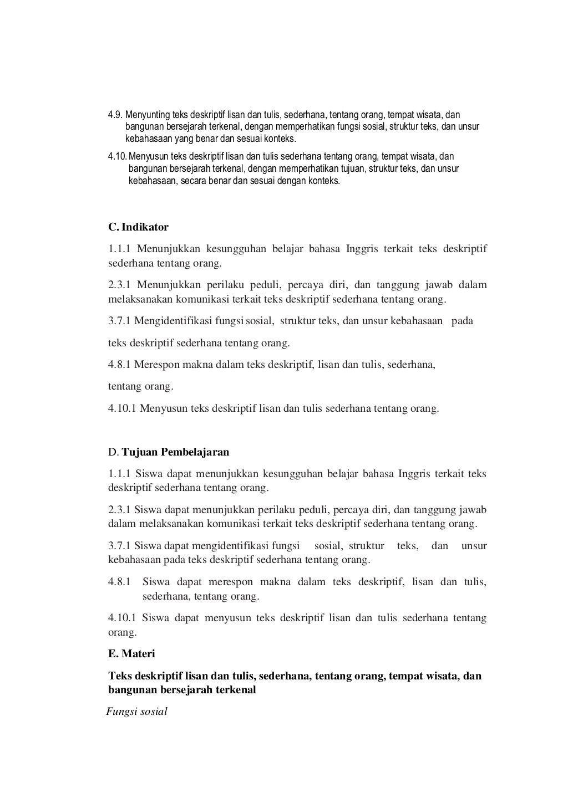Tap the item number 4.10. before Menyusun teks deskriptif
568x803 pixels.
[x=117, y=157]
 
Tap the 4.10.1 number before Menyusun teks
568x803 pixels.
[x=121, y=408]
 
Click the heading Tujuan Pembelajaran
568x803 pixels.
[x=175, y=452]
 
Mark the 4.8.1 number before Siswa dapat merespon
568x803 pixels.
[x=119, y=582]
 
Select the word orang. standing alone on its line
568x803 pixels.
[x=122, y=632]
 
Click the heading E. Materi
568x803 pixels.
[x=131, y=654]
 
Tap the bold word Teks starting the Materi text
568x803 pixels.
[x=120, y=676]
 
